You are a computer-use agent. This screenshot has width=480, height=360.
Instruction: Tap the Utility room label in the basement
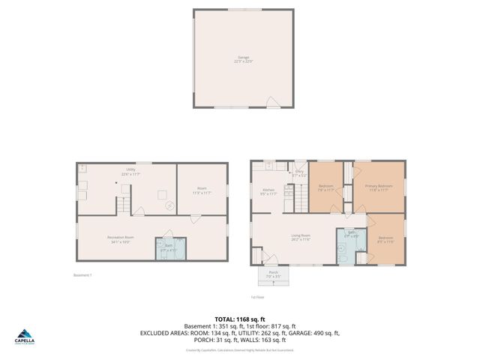pos(131,171)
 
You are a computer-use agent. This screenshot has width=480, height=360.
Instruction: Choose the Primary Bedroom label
pos(378,187)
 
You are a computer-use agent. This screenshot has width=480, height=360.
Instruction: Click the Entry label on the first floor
pos(298,173)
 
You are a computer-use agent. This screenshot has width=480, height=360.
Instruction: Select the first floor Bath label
pos(351,234)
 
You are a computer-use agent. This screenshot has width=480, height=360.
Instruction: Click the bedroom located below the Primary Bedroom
pos(386,241)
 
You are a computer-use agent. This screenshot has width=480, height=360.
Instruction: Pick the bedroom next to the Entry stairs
pos(326,187)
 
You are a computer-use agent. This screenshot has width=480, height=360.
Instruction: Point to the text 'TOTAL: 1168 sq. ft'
pos(240,319)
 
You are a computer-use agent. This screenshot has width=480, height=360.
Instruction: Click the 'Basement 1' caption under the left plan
pos(82,275)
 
